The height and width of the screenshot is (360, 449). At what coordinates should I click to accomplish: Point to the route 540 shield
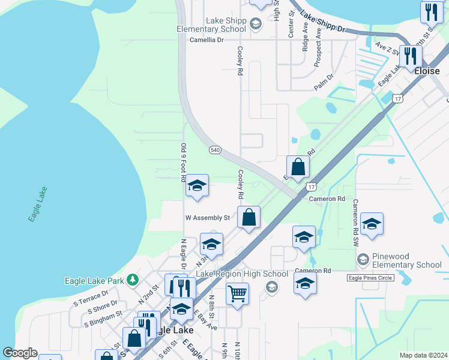[x=215, y=149]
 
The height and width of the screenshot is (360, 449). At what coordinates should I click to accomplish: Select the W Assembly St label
[x=208, y=218]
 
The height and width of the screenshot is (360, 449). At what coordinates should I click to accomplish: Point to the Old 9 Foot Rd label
[x=184, y=162]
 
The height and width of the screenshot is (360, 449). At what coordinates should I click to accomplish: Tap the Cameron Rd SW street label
[x=355, y=222]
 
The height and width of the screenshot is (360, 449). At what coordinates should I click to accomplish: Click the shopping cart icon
[x=238, y=294]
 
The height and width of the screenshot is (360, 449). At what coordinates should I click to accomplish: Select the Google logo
[x=20, y=353]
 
